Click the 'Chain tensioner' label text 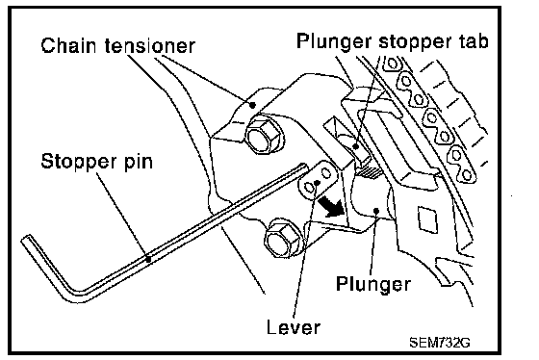coord(117,45)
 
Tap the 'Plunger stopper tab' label coord(393,42)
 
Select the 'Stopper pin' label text coord(96,162)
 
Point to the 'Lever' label coord(294,326)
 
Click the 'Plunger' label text coord(373,285)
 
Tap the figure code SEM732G coord(440,342)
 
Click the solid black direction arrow coord(330,206)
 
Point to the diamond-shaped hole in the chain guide coord(427,219)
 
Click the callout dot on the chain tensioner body coord(252,105)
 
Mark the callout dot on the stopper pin coord(148,259)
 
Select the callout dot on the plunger coord(376,210)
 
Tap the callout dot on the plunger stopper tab coord(356,147)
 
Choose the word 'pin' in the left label coord(139,163)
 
